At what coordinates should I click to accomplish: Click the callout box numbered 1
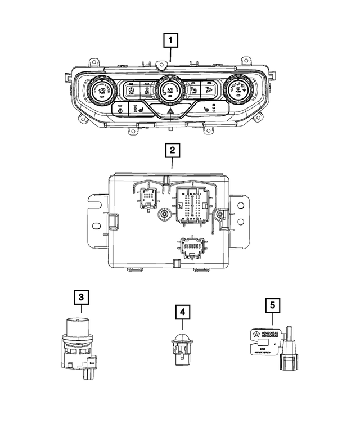coord(171,40)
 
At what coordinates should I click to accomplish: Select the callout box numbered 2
coord(171,151)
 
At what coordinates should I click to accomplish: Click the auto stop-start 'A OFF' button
coord(131,90)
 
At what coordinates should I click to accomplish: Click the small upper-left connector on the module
coord(148,198)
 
